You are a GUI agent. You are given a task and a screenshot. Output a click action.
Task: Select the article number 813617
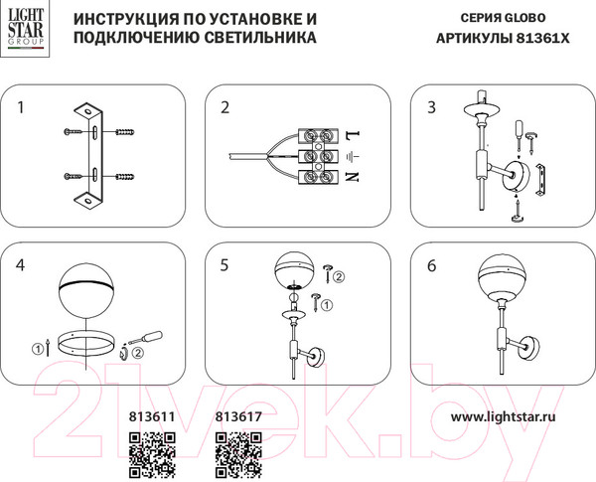point(238,419)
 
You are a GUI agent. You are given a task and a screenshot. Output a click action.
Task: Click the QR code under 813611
point(152,455)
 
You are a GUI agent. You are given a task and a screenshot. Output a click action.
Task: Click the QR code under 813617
point(238,455)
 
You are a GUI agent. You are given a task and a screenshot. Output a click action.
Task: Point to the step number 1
point(23,106)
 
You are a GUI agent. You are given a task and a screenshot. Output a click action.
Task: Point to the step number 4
point(23,265)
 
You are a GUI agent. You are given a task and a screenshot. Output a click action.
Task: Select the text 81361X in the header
point(541,39)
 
